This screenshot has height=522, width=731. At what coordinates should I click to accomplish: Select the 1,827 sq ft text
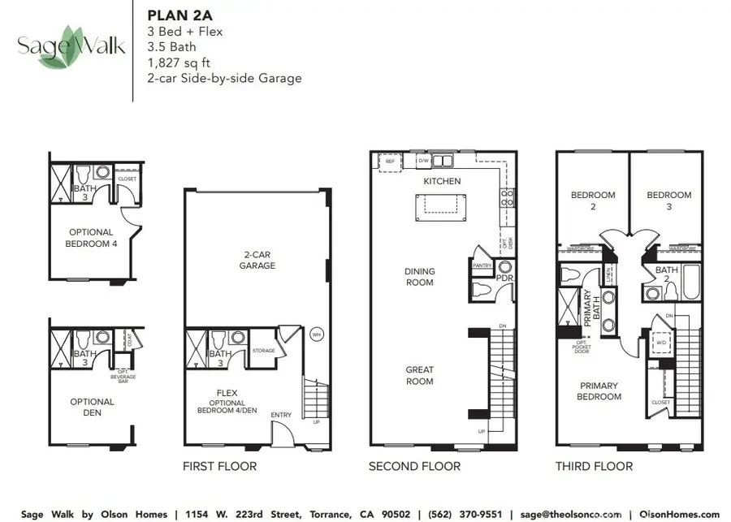click(x=181, y=63)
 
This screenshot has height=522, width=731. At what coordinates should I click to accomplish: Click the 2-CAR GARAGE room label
click(x=257, y=260)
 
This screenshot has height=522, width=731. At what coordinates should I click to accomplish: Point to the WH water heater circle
click(x=317, y=334)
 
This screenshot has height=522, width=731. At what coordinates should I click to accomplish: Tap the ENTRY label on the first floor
click(x=281, y=415)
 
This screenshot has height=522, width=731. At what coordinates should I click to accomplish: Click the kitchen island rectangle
click(x=441, y=208)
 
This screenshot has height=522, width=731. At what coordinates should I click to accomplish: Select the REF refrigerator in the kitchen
click(x=390, y=162)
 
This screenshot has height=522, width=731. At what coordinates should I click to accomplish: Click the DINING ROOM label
click(x=420, y=277)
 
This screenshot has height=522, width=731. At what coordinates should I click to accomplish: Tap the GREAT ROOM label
click(x=420, y=375)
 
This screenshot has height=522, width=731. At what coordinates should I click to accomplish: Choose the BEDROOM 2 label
click(x=593, y=201)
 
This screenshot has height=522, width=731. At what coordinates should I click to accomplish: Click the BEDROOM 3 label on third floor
click(x=669, y=201)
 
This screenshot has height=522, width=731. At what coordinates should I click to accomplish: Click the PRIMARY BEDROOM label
click(x=599, y=391)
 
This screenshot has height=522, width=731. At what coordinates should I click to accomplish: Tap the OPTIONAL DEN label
click(x=92, y=408)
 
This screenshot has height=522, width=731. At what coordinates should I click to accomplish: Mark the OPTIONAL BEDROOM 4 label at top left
click(x=92, y=237)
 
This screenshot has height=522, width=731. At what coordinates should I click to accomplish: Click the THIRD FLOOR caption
click(x=594, y=466)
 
